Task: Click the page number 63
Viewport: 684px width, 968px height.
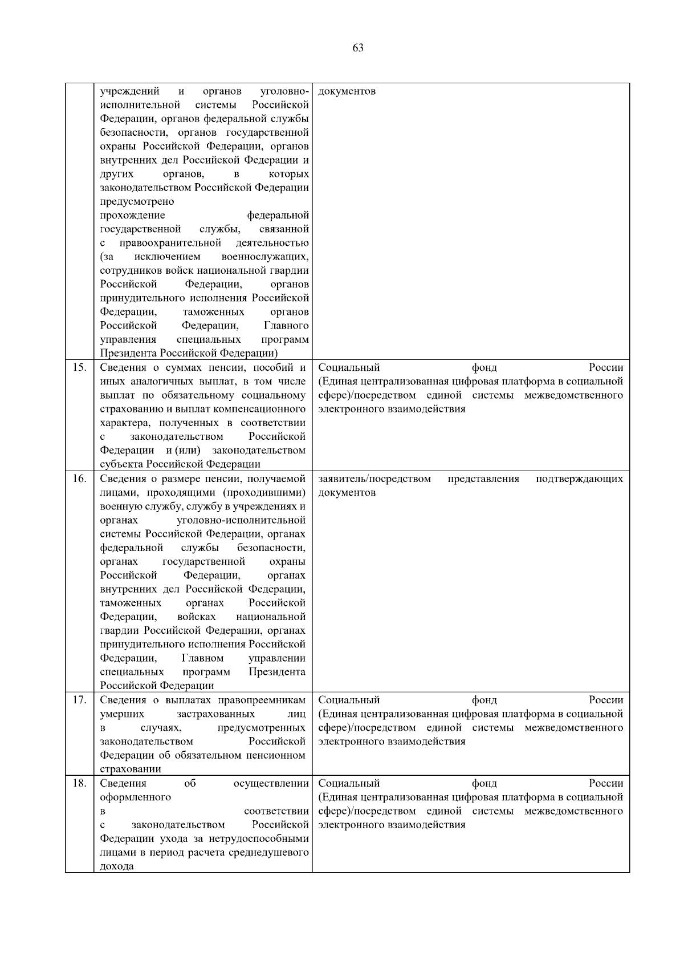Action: pos(358,48)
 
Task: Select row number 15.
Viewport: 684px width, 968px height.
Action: pos(80,367)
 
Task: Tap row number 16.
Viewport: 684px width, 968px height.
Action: pos(80,479)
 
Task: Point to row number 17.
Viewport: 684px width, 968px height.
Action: pos(80,700)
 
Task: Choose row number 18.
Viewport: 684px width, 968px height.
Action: pos(80,783)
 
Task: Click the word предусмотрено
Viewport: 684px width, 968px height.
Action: pos(137,201)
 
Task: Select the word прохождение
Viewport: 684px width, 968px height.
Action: pos(133,215)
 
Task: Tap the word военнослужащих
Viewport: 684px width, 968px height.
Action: pos(265,257)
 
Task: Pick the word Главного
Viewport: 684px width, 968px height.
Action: pos(286,326)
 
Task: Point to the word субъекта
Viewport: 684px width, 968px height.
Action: pos(121,464)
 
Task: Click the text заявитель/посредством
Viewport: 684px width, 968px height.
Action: pos(374,479)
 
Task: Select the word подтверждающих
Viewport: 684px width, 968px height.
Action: pos(579,479)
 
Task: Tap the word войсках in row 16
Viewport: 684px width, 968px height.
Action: pos(197,617)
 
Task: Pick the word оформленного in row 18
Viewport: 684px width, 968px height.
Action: pos(136,797)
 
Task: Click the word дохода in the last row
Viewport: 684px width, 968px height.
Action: pos(117,866)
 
